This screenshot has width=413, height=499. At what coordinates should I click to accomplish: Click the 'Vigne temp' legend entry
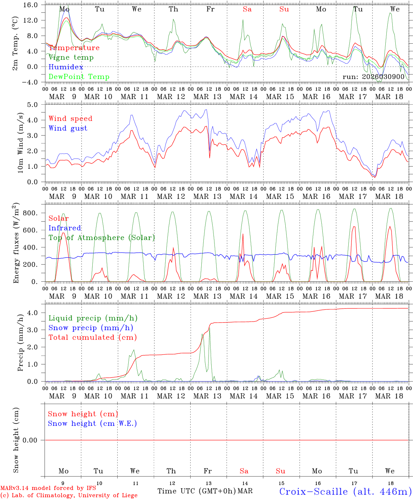click(71, 58)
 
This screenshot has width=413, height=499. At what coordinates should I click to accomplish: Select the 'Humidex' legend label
click(66, 67)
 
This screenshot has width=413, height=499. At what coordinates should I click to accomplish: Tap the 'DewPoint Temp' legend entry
click(79, 77)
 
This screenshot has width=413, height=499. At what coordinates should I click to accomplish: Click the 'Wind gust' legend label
click(68, 128)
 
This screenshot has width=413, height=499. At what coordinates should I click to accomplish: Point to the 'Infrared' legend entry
click(65, 228)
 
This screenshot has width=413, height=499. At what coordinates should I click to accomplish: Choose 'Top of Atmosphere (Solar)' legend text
click(101, 238)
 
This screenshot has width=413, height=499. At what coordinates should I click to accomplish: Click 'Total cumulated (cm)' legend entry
click(92, 338)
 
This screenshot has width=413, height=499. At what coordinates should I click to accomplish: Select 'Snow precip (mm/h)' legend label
click(91, 328)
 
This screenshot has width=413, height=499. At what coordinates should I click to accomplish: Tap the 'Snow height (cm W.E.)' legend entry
click(92, 423)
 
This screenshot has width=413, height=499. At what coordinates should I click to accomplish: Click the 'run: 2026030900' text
click(373, 77)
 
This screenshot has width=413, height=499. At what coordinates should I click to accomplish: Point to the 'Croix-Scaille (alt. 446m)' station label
click(345, 491)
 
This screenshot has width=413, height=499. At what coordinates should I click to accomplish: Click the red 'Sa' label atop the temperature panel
click(247, 9)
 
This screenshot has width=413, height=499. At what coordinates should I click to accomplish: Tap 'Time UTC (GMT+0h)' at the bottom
click(196, 491)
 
